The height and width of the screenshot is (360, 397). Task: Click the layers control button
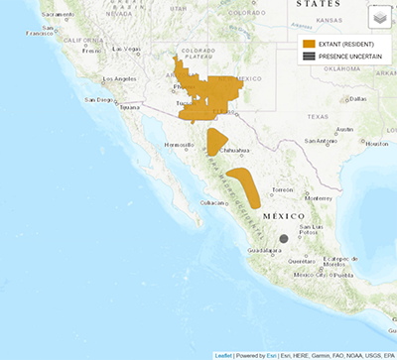click(x=379, y=17)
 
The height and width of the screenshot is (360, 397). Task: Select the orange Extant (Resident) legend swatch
click(x=310, y=45)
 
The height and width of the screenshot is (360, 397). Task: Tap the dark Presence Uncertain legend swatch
click(x=310, y=57)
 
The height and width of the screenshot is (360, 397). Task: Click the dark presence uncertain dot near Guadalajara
click(x=284, y=238)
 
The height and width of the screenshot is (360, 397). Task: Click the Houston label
click(x=376, y=144)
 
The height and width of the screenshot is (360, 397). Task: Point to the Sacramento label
click(x=59, y=15)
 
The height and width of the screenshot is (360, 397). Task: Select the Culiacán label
click(x=212, y=202)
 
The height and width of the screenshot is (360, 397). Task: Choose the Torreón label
click(x=284, y=188)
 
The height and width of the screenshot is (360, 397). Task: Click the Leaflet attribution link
click(x=223, y=354)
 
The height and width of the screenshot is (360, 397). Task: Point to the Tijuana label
click(x=130, y=108)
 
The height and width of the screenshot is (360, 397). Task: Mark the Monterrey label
click(x=320, y=197)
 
